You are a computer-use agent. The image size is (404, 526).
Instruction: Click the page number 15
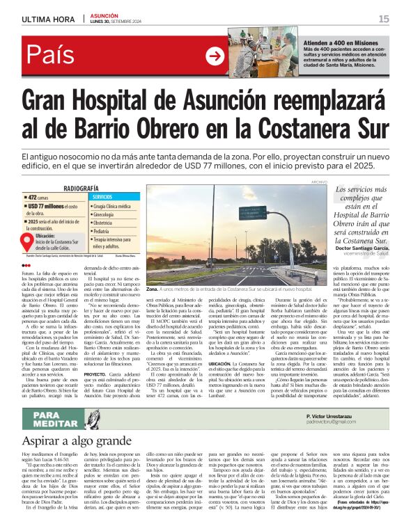(384, 19)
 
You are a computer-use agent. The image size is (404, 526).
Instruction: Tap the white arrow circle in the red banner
(215, 56)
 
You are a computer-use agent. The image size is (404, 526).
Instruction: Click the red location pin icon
(28, 241)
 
